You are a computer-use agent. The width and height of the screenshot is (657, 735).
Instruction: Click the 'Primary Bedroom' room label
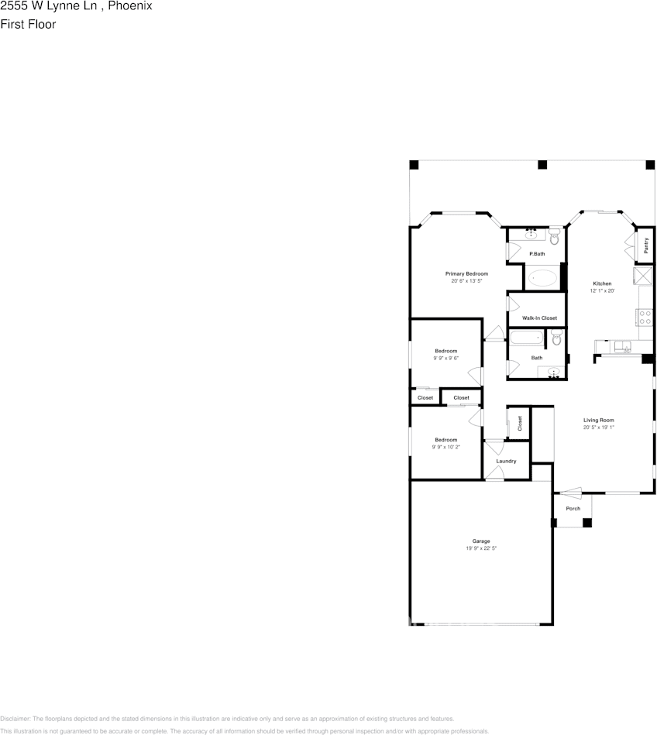[466, 274]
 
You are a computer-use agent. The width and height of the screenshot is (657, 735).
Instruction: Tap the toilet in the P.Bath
[554, 237]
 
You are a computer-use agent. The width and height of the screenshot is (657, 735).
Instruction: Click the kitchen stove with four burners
[644, 316]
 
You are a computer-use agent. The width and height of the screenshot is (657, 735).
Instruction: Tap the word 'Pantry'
[646, 245]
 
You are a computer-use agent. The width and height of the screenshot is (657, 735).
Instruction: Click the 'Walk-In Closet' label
[539, 318]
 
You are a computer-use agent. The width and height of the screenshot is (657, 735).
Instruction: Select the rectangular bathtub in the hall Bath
[527, 338]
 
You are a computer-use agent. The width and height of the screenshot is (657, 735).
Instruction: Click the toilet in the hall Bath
[556, 338]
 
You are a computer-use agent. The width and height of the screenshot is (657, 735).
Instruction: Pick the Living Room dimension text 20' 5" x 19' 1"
[599, 428]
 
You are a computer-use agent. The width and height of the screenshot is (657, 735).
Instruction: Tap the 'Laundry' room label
[506, 462]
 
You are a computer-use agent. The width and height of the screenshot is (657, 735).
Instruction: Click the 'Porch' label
[573, 509]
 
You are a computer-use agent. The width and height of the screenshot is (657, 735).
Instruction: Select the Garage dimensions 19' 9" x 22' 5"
[481, 548]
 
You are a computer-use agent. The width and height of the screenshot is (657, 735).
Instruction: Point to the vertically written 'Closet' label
[520, 423]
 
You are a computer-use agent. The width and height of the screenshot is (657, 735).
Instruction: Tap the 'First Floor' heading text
[28, 24]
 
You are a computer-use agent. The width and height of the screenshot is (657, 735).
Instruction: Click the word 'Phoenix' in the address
[129, 6]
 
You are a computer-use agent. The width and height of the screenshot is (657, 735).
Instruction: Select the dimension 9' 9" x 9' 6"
[445, 359]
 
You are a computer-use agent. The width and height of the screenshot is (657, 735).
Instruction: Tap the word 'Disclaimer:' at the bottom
[15, 719]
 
